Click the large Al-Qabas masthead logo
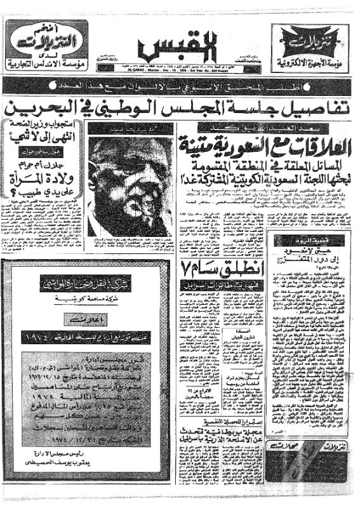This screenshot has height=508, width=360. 180,46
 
